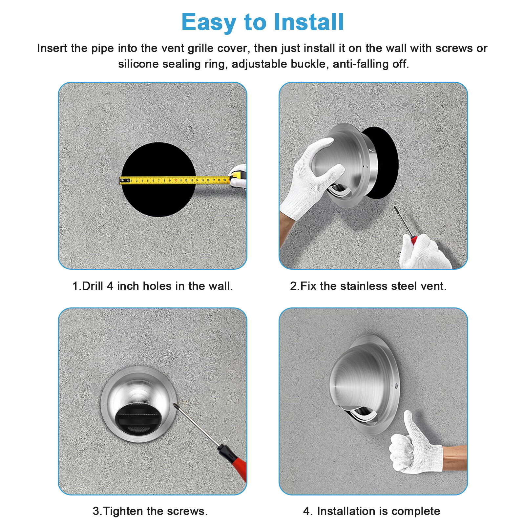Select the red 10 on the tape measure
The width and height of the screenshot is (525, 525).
(176, 180)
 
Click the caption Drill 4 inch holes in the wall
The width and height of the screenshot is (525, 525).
(152, 286)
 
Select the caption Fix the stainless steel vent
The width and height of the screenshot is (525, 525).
(368, 286)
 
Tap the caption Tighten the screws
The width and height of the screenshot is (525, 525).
(150, 511)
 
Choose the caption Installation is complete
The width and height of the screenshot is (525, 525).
(371, 511)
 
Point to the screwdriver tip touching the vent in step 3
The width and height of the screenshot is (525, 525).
(176, 406)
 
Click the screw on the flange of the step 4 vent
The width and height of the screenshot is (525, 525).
(396, 386)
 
